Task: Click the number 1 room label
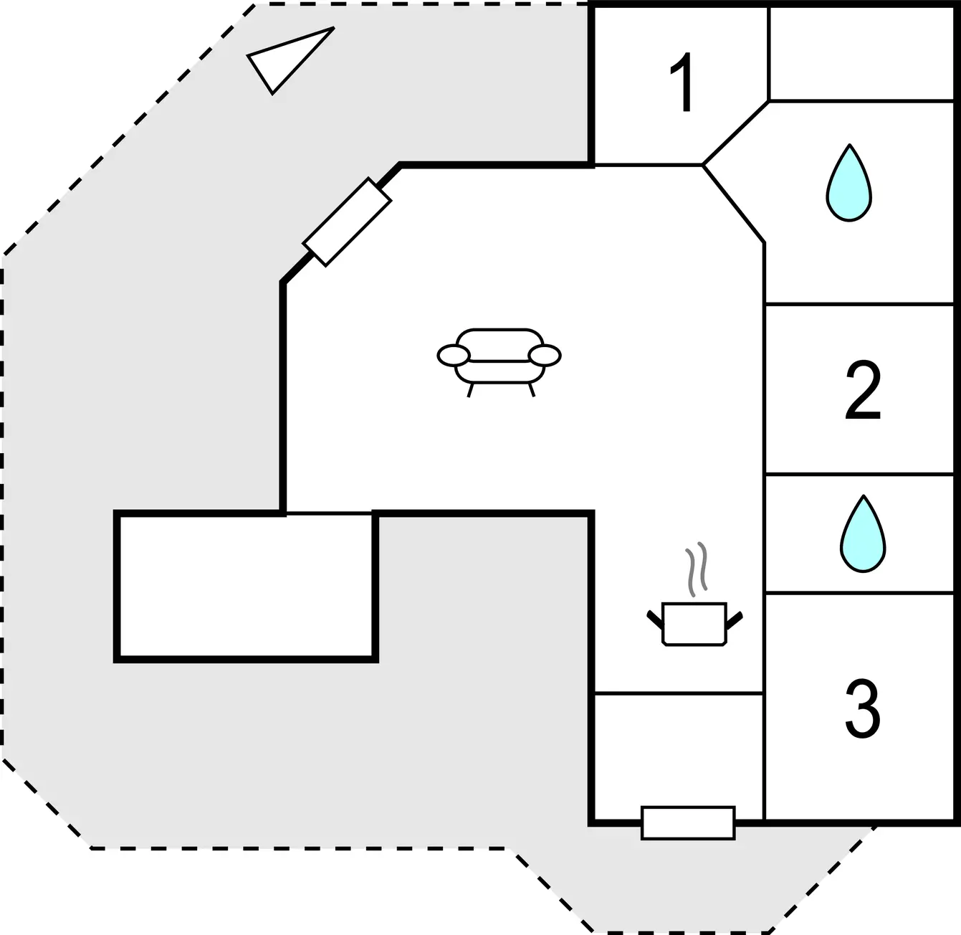pyautogui.click(x=684, y=82)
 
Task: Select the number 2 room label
pyautogui.click(x=863, y=390)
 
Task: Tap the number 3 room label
pyautogui.click(x=863, y=708)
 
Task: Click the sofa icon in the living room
pyautogui.click(x=499, y=362)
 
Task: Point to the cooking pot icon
pyautogui.click(x=694, y=624)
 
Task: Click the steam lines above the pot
pyautogui.click(x=697, y=569)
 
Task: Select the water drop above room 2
pyautogui.click(x=849, y=182)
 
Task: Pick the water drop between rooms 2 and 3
pyautogui.click(x=863, y=533)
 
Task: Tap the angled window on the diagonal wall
pyautogui.click(x=347, y=222)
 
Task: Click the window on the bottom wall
pyautogui.click(x=688, y=823)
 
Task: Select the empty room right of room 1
pyautogui.click(x=861, y=53)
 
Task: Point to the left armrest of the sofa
pyautogui.click(x=454, y=356)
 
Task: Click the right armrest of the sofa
pyautogui.click(x=545, y=356)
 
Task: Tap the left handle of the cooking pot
pyautogui.click(x=655, y=619)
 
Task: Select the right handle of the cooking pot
pyautogui.click(x=735, y=620)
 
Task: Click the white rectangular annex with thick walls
pyautogui.click(x=246, y=587)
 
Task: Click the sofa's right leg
pyautogui.click(x=532, y=390)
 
